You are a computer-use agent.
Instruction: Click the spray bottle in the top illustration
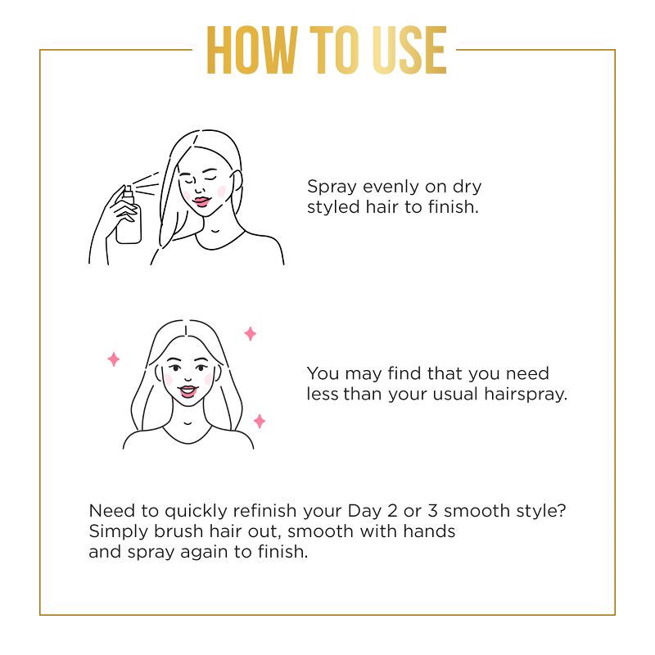(129, 218)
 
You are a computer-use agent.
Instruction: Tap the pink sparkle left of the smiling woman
(114, 359)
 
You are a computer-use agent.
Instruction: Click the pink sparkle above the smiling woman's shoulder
(250, 333)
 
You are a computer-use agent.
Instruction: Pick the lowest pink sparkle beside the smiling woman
(259, 421)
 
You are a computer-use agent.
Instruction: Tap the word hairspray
(528, 395)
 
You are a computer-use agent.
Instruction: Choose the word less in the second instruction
(322, 394)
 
